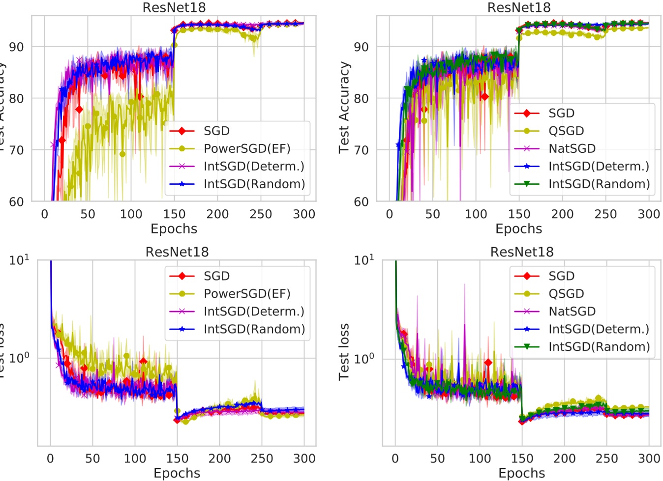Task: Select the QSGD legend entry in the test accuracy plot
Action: pyautogui.click(x=566, y=131)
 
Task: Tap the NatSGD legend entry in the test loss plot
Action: pyautogui.click(x=572, y=311)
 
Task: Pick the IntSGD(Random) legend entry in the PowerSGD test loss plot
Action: pyautogui.click(x=254, y=329)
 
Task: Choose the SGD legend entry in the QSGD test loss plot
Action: pyautogui.click(x=561, y=276)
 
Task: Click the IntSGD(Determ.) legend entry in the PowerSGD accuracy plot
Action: pyautogui.click(x=254, y=166)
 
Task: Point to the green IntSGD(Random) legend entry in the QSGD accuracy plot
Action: pyautogui.click(x=599, y=184)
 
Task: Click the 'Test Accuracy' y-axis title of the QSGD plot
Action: pyautogui.click(x=344, y=108)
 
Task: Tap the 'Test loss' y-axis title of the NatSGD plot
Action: pyautogui.click(x=344, y=352)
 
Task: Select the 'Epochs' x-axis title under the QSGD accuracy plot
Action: pyautogui.click(x=518, y=228)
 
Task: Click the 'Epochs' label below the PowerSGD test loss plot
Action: pyautogui.click(x=177, y=473)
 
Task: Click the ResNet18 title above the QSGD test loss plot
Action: pyautogui.click(x=521, y=252)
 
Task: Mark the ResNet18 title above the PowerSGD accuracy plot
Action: pyautogui.click(x=174, y=7)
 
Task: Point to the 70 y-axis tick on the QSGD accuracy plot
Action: pyautogui.click(x=361, y=150)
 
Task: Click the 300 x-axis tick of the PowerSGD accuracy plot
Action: pyautogui.click(x=303, y=214)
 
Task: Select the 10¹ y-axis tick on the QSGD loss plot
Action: pyautogui.click(x=363, y=259)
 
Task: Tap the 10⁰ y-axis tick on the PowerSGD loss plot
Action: pyautogui.click(x=19, y=357)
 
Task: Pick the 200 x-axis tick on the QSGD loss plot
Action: pyautogui.click(x=564, y=458)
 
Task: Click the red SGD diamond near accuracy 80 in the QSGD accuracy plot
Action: pyautogui.click(x=484, y=97)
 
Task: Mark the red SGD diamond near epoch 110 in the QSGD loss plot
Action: pyautogui.click(x=488, y=363)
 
